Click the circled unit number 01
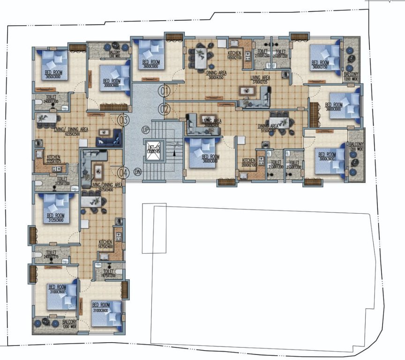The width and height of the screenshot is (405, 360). (164, 90)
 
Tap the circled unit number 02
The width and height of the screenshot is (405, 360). (164, 109)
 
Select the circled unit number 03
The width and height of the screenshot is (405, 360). (123, 120)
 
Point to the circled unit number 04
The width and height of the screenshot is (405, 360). (123, 172)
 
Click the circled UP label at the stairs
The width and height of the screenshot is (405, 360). (146, 129)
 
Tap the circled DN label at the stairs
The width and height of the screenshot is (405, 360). (137, 172)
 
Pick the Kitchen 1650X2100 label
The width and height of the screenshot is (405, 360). (234, 55)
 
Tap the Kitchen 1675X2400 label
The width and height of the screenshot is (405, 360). (105, 244)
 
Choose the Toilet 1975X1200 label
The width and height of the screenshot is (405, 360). (108, 273)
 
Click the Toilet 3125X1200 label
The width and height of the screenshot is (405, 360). (62, 180)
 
